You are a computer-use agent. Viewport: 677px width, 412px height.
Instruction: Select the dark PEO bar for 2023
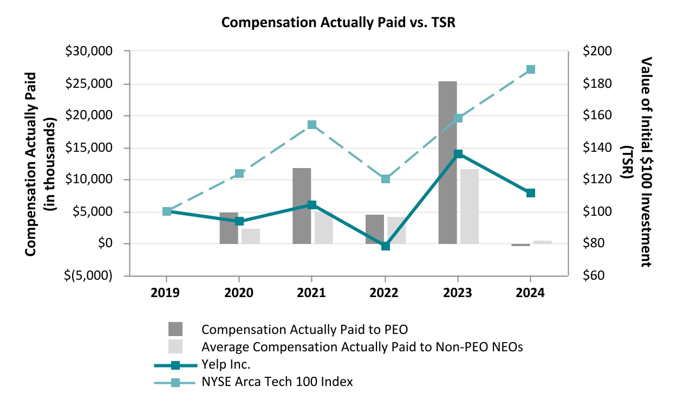pos(448,163)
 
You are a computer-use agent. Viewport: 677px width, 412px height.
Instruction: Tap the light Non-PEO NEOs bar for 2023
pos(470,206)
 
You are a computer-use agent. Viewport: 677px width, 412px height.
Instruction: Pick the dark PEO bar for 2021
pos(302,206)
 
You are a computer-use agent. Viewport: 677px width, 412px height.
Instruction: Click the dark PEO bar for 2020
pos(229,228)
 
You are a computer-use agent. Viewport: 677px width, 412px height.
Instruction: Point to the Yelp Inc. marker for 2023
pos(458,154)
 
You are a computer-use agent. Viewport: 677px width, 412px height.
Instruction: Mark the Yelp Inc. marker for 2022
pos(385,246)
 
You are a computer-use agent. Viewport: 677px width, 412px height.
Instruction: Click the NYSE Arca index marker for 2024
pos(531,69)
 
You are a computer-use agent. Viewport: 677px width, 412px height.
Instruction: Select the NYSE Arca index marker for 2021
pos(312,125)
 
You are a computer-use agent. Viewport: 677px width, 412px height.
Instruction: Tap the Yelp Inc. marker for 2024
pos(531,193)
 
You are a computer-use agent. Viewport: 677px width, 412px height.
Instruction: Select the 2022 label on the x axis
pos(385,293)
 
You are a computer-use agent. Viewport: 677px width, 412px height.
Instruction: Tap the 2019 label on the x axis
pos(166,293)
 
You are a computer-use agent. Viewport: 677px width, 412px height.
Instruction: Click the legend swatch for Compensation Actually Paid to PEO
pos(175,330)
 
